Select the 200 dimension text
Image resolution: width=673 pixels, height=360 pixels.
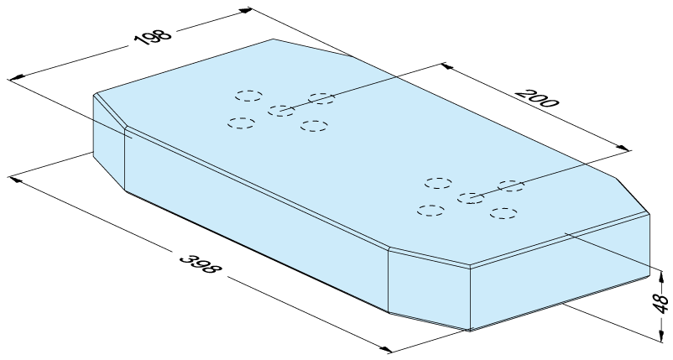537,98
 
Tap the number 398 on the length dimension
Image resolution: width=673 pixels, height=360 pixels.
201,264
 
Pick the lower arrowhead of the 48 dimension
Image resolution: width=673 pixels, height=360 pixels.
660,335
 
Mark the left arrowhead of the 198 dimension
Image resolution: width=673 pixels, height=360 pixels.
16,78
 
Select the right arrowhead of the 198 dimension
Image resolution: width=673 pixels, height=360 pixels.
245,10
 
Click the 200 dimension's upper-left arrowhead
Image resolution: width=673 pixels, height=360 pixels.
447,66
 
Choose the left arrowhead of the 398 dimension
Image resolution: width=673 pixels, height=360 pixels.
15,178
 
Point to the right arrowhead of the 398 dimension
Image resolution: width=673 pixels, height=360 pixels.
385,349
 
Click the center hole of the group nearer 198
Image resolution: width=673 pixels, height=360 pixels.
281,111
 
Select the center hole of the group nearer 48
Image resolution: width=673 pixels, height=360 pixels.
471,198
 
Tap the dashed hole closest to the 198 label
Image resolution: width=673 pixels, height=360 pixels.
248,96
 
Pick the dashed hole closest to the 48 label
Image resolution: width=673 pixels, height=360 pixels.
503,213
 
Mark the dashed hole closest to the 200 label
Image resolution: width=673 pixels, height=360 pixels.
511,185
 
